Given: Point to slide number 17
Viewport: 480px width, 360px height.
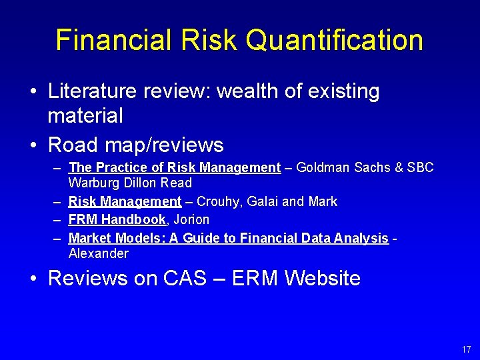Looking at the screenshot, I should (466, 349).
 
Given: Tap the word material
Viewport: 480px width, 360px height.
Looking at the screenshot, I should (85, 116).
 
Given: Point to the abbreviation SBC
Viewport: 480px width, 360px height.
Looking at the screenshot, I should (418, 167).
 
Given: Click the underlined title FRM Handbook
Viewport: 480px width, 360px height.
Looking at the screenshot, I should (117, 219).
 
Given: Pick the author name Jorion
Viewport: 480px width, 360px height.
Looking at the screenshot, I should (191, 219).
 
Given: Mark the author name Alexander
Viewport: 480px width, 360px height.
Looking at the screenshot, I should (99, 253).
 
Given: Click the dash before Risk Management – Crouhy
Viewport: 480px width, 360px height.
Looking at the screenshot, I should (58, 201).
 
